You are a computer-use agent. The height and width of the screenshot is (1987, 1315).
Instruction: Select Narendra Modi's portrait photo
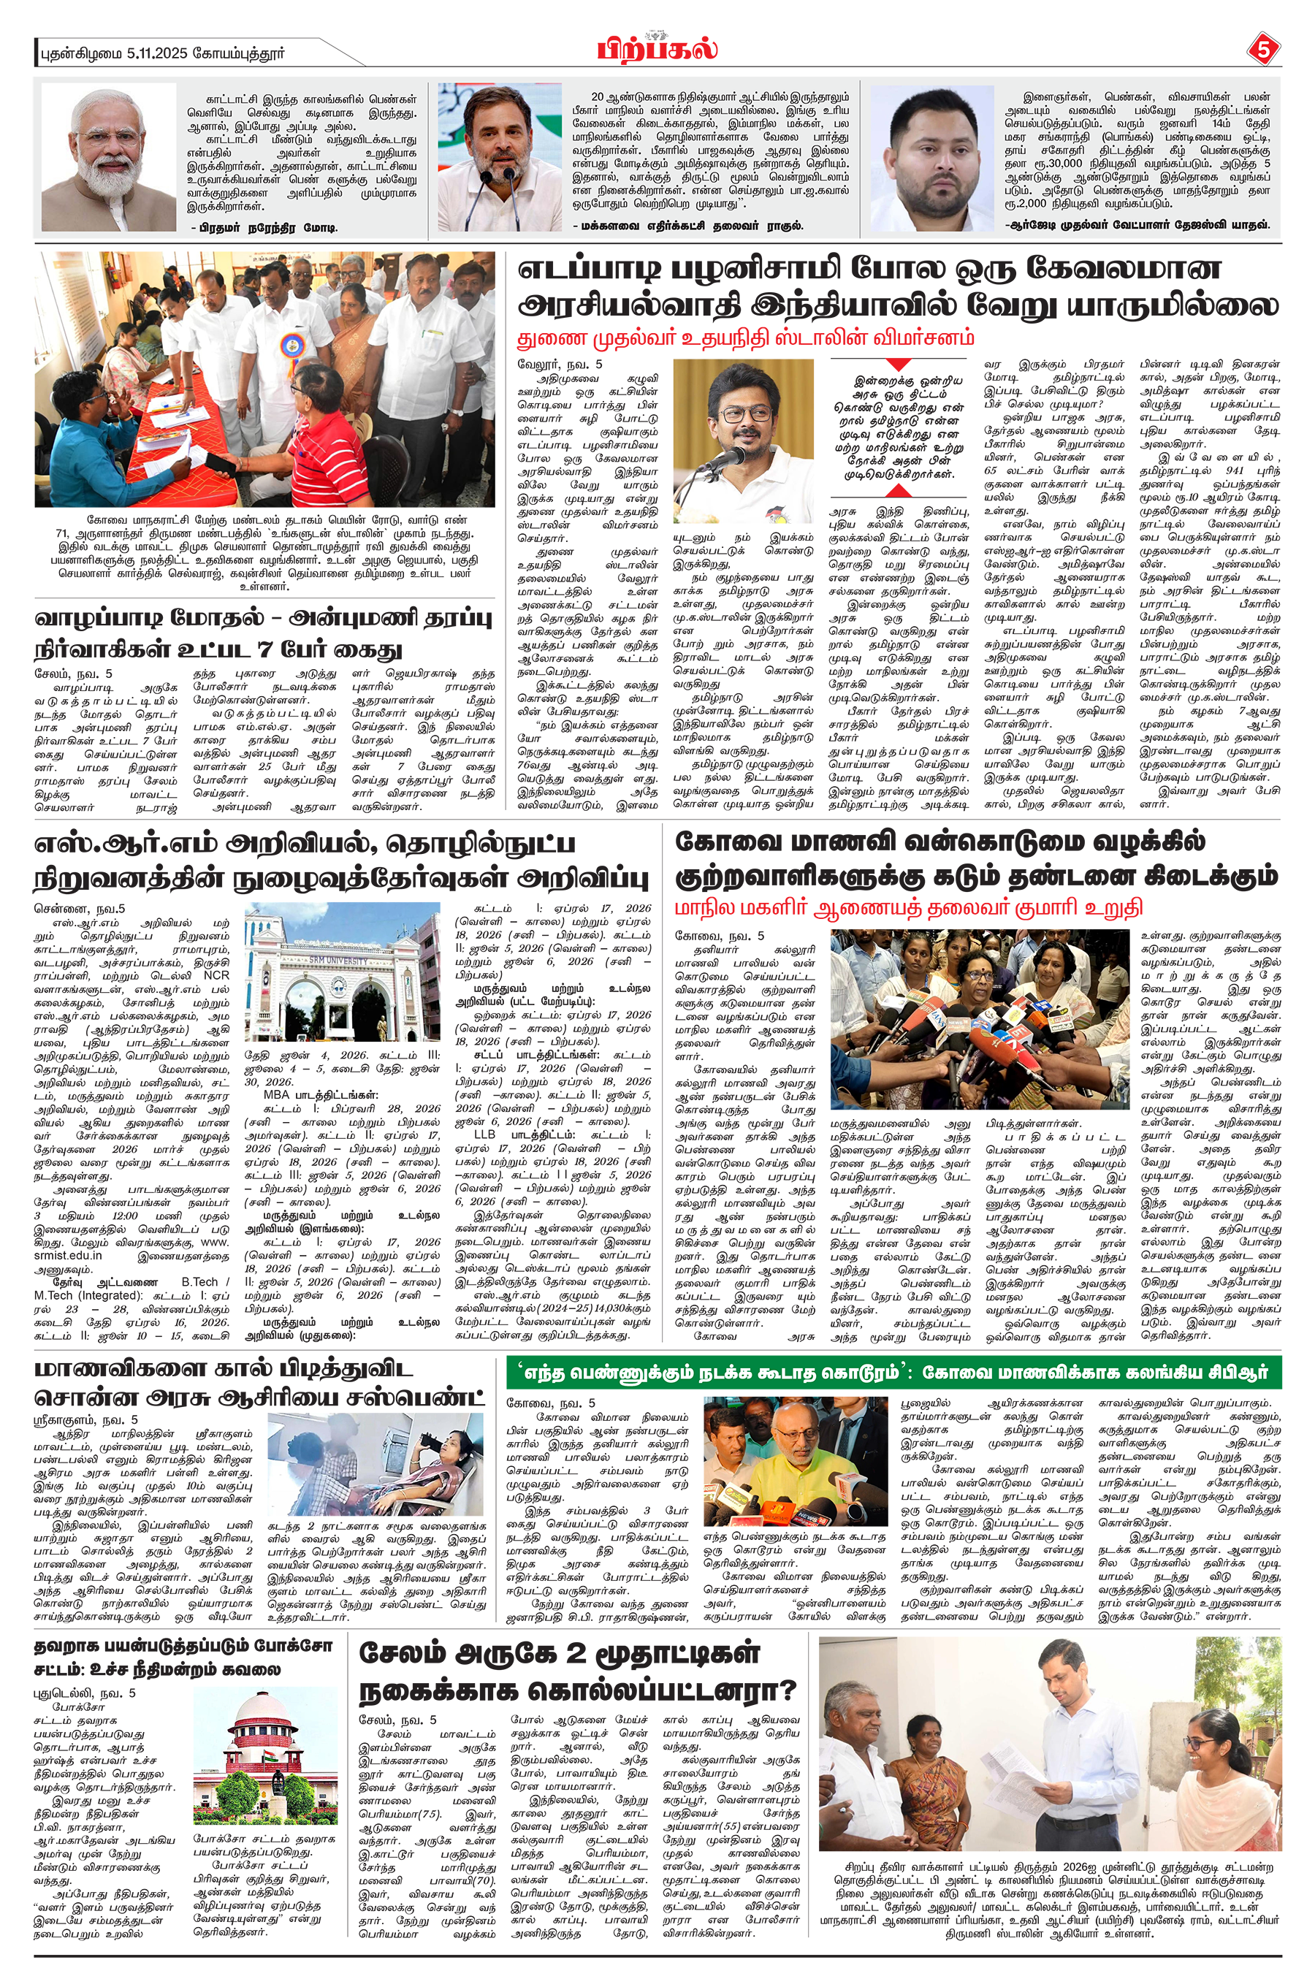(108, 157)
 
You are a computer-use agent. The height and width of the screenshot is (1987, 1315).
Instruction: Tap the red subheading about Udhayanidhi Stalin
(747, 339)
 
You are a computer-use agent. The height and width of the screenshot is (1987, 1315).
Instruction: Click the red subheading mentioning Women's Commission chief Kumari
(909, 908)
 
